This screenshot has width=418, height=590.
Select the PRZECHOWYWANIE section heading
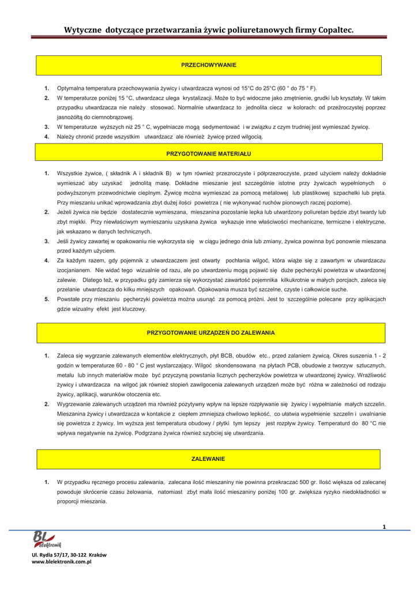209,65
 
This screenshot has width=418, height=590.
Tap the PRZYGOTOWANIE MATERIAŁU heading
209,154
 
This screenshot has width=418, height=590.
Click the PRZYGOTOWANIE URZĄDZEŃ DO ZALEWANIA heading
211,333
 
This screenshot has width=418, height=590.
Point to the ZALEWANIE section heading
208,459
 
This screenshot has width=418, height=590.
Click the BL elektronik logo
47,539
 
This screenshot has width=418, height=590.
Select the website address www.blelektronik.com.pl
62,561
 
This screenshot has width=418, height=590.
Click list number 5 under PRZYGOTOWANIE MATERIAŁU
47,300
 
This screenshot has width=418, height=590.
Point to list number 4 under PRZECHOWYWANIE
47,137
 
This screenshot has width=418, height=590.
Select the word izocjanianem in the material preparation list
74,270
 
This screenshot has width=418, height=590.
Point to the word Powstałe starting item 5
69,300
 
